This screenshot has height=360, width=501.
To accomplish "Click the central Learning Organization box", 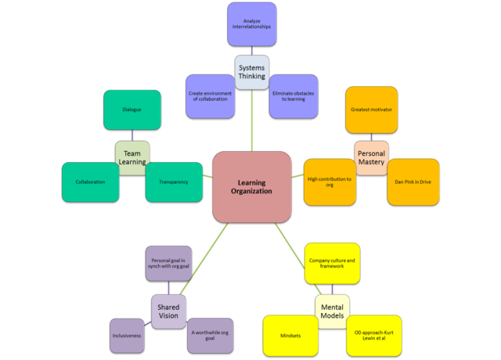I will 252,186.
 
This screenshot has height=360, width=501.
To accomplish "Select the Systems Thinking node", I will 251,71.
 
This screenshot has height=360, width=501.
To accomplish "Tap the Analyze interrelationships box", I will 251,24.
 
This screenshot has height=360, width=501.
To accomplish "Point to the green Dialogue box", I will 132,110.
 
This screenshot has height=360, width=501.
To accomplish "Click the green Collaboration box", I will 91,182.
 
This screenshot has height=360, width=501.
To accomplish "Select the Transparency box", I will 173,182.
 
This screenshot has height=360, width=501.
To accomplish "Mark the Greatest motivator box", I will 371,110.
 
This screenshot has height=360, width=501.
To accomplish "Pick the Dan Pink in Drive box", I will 413,182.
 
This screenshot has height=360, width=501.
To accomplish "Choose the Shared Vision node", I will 168,311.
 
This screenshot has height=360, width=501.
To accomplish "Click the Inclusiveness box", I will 128,335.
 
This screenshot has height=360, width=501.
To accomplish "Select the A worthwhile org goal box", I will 210,335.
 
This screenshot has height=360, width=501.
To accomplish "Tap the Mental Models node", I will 332,311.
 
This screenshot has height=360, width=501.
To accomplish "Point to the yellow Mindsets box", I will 290,335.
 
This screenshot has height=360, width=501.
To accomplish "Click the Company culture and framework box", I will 332,263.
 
